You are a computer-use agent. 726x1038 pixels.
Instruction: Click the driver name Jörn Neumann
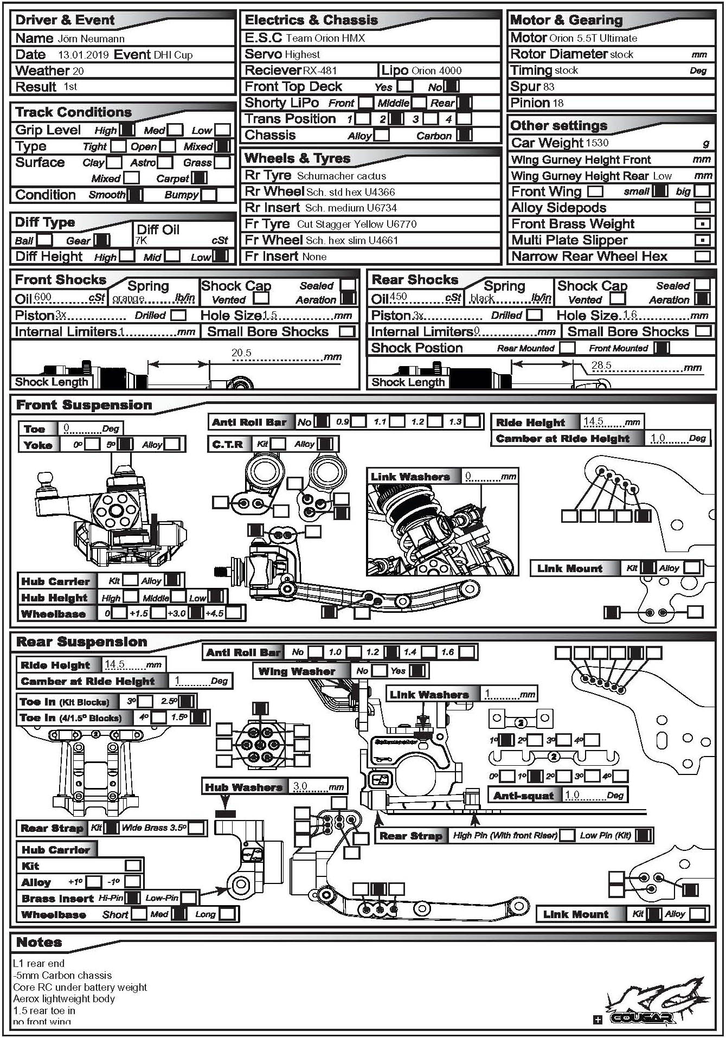point(91,39)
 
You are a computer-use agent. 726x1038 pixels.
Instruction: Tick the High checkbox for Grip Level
point(127,130)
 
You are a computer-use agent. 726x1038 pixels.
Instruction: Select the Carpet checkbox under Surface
point(200,178)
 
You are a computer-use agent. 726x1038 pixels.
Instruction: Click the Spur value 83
point(548,87)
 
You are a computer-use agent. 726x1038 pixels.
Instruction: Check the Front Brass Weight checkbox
point(702,224)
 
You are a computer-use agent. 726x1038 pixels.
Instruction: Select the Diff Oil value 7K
point(141,241)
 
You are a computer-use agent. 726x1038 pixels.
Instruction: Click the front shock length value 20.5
point(241,353)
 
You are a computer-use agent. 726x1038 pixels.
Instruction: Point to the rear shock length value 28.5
point(601,366)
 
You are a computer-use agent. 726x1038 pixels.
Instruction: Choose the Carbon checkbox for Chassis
point(464,136)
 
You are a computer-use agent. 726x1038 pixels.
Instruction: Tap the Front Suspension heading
point(84,405)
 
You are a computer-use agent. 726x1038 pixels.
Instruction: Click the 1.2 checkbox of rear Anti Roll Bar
point(391,652)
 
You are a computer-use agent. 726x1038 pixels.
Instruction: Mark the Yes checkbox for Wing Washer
point(417,671)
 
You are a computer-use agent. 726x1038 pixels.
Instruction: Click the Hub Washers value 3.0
point(300,786)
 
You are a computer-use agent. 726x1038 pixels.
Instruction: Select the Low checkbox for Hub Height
point(215,597)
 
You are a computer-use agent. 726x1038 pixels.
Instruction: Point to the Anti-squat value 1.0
point(572,795)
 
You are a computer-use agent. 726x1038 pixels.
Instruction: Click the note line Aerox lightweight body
point(64,998)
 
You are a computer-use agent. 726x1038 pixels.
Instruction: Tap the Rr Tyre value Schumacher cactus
point(342,176)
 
